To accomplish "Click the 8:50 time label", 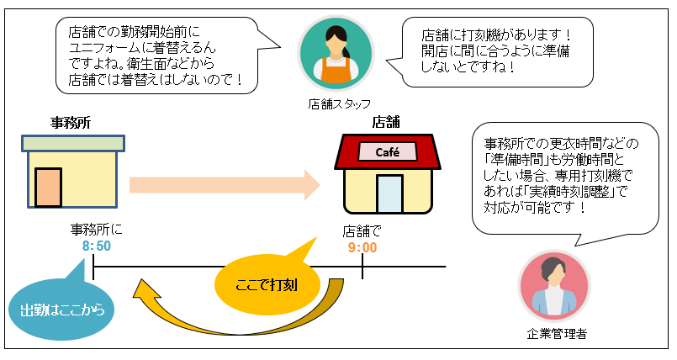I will pos(97,246).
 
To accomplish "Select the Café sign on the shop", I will pos(387,152).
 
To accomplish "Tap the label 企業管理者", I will pos(555,334).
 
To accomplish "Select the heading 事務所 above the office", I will pos(71,123).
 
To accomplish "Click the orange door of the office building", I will pos(48,187).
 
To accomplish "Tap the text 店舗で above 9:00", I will pos(362,230).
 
